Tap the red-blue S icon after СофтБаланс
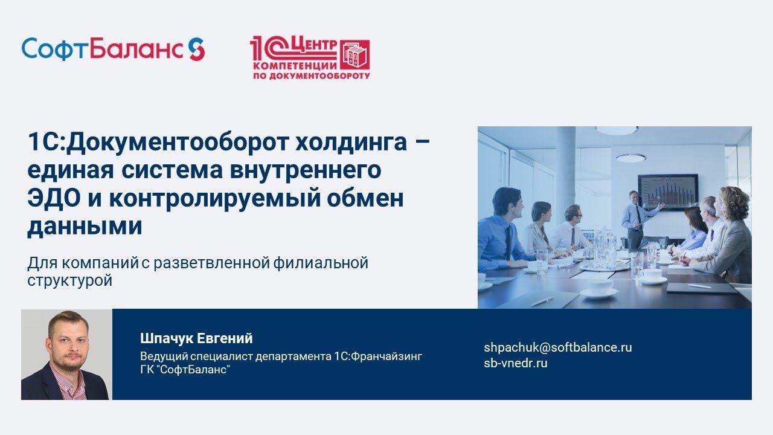(196, 49)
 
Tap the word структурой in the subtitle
(69, 281)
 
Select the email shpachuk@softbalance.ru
(557, 347)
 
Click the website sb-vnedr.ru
(515, 363)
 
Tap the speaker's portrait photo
(66, 355)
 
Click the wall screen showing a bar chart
(667, 192)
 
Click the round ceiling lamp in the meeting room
(630, 158)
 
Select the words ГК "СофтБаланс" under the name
(185, 370)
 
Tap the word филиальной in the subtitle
(321, 263)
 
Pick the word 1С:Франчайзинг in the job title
(377, 356)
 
